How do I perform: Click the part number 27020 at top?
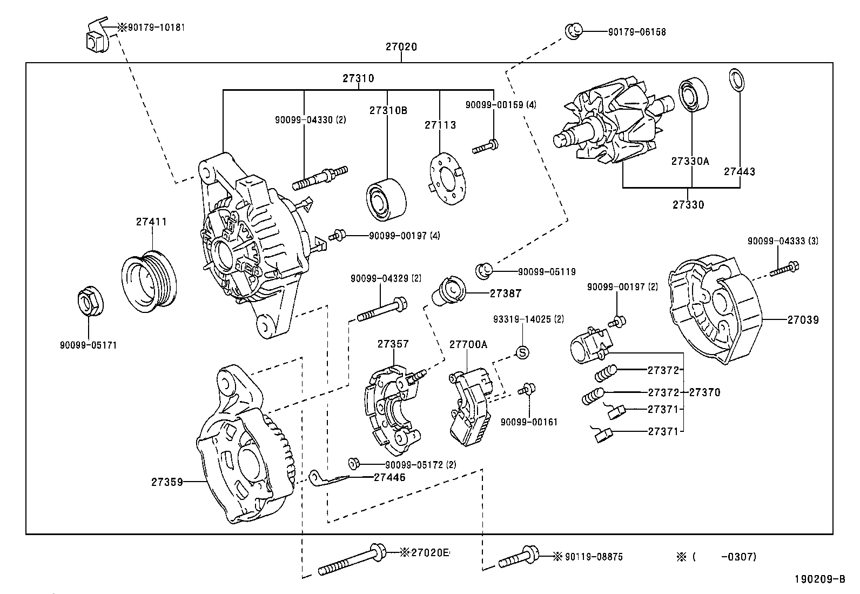(x=401, y=47)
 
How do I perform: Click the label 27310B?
(x=388, y=110)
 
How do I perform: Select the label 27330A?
(x=689, y=161)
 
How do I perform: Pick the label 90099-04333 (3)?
(x=782, y=241)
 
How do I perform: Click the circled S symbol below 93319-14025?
(x=522, y=352)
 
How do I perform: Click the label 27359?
(x=167, y=482)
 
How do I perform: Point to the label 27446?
(x=389, y=477)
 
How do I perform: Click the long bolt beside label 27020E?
(x=351, y=560)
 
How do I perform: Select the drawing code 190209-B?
(x=819, y=579)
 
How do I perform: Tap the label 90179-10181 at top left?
(x=156, y=27)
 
